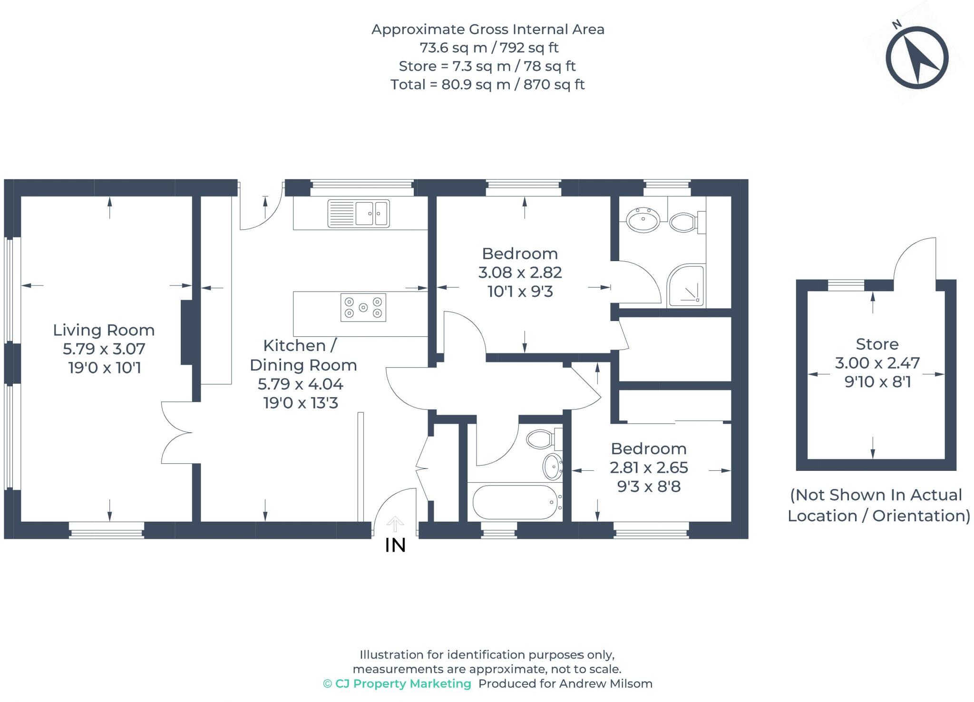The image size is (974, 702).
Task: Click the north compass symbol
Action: click(x=917, y=58)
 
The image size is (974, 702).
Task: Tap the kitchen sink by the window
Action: click(x=359, y=213)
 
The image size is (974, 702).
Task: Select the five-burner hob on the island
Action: click(x=363, y=307)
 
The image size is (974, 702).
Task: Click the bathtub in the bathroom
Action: click(x=515, y=502)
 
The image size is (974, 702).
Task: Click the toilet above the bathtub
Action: click(x=544, y=439)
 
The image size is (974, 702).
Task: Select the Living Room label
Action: click(x=104, y=330)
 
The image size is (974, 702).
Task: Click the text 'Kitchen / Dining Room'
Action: click(x=303, y=355)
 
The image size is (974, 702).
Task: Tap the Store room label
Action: click(x=877, y=344)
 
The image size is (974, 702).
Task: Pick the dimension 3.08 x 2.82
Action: click(x=520, y=273)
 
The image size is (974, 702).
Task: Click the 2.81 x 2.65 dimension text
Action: click(x=649, y=468)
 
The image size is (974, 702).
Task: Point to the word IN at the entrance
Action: click(x=395, y=546)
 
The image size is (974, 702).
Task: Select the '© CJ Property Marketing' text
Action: click(x=397, y=683)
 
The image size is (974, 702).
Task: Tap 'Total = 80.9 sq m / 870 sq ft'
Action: click(x=487, y=85)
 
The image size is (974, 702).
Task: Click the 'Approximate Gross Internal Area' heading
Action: click(x=488, y=29)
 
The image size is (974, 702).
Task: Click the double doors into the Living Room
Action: click(x=177, y=432)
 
